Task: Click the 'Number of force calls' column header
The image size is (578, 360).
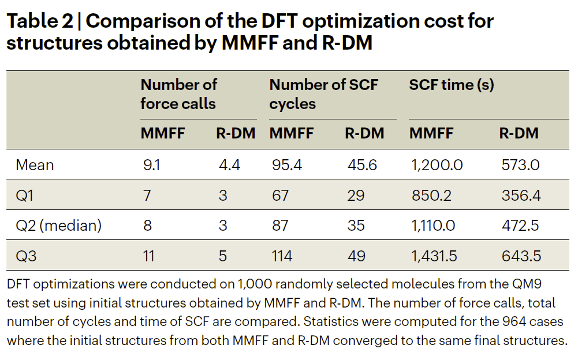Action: [x=178, y=94]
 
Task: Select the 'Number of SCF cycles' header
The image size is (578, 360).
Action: [x=323, y=94]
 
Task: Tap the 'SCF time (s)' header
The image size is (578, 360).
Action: [x=451, y=85]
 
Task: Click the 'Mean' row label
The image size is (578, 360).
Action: [x=35, y=165]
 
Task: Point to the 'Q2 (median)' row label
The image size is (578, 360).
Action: [x=58, y=225]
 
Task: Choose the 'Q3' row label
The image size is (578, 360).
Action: [x=26, y=256]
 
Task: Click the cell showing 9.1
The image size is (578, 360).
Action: [x=152, y=165]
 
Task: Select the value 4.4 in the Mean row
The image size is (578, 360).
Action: [x=229, y=165]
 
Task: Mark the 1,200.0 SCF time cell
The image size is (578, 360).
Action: [x=437, y=165]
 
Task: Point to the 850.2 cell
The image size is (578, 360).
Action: [x=432, y=195]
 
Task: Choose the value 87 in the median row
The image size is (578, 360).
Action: [x=280, y=225]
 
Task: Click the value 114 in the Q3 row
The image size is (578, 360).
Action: [x=282, y=256]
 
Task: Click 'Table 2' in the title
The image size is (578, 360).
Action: [x=39, y=22]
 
